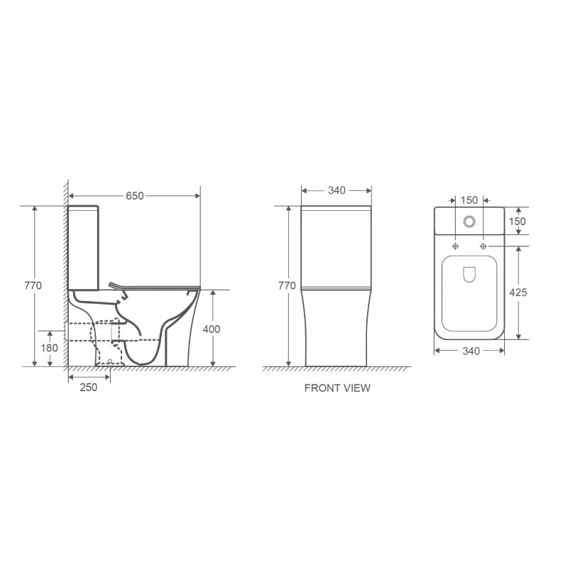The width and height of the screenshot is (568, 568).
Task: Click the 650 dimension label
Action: (x=135, y=196)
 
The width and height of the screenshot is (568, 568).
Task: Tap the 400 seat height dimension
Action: (x=212, y=329)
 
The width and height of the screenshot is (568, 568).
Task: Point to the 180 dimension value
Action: (x=50, y=349)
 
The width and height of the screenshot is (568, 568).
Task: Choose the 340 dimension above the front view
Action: (x=336, y=190)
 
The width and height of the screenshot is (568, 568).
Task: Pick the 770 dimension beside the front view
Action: (x=287, y=285)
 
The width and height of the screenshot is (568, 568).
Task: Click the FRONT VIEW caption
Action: (x=337, y=388)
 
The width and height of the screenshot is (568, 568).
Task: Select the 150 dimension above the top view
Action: (x=469, y=200)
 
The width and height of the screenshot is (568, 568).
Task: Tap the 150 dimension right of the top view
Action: (x=518, y=222)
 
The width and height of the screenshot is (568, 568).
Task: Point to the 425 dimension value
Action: (x=518, y=292)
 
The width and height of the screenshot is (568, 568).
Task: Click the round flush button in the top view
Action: (x=469, y=222)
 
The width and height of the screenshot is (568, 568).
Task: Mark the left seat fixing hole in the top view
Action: (x=455, y=246)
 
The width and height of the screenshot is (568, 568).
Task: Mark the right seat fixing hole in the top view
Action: (x=484, y=246)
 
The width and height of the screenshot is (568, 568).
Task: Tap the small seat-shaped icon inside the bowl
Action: (x=469, y=275)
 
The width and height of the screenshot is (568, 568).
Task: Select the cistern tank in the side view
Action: (x=84, y=248)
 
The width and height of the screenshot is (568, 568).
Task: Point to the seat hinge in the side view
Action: (x=114, y=286)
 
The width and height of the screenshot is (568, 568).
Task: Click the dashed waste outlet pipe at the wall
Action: (x=79, y=332)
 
